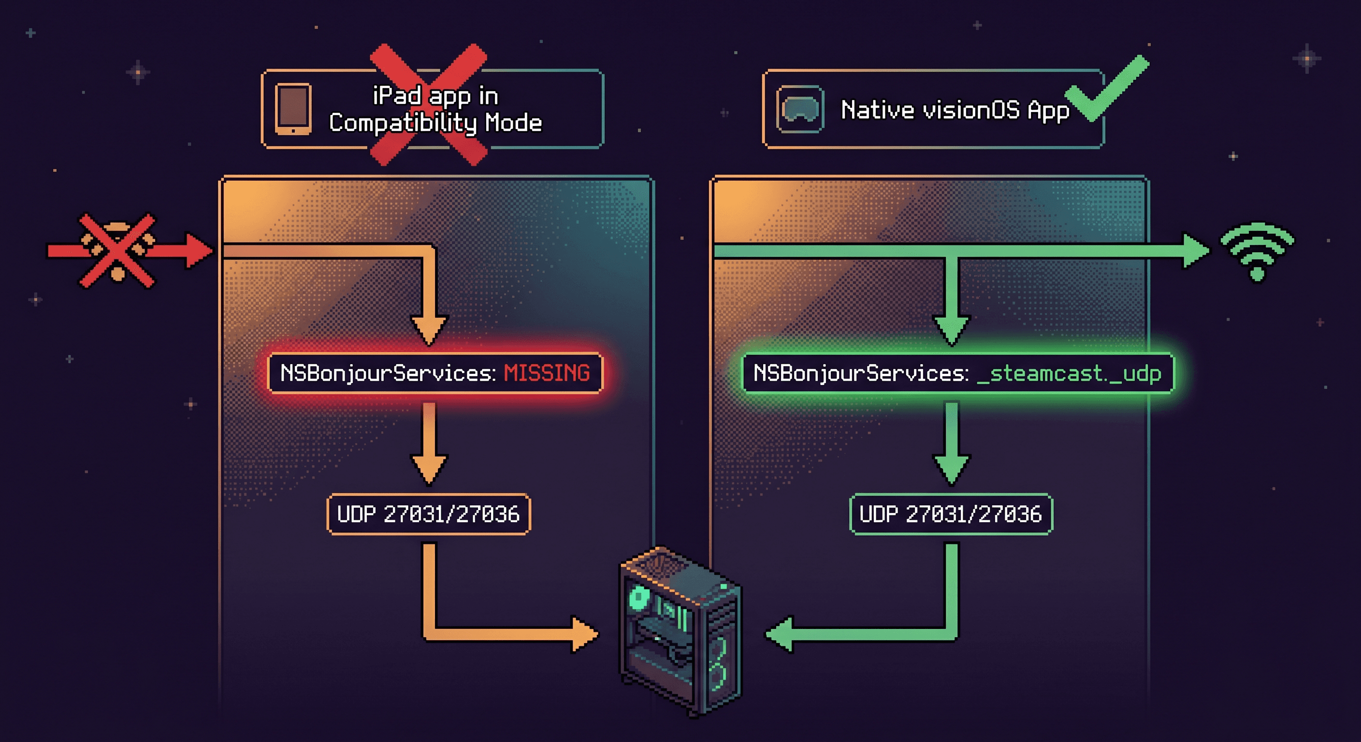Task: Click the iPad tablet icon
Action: (293, 109)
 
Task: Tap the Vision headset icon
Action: (800, 109)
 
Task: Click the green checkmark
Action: (1105, 89)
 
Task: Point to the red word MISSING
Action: (546, 373)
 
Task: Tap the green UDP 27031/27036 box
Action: (951, 514)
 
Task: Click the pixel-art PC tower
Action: (680, 631)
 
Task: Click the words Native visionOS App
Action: (955, 110)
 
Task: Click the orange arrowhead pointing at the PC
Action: (585, 633)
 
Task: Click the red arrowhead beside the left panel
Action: (199, 250)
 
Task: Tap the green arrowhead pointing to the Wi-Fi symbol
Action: (1195, 251)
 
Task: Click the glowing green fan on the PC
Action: (639, 599)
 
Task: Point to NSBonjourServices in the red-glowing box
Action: (387, 373)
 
